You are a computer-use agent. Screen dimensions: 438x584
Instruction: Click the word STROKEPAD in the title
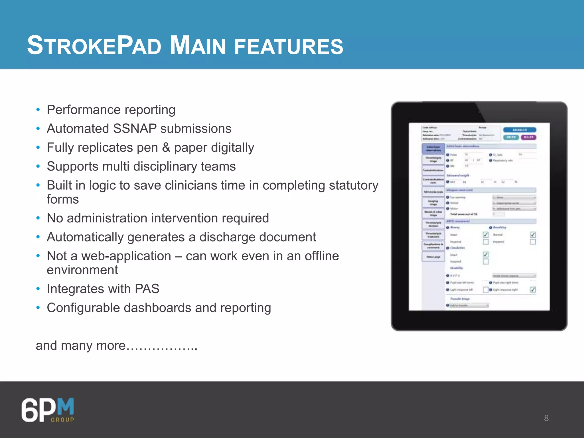pyautogui.click(x=94, y=46)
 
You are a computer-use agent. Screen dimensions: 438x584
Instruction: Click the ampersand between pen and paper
pyautogui.click(x=166, y=148)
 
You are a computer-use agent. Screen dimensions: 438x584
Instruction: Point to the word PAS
pyautogui.click(x=147, y=289)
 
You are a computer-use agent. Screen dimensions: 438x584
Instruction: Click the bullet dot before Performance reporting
pyautogui.click(x=38, y=110)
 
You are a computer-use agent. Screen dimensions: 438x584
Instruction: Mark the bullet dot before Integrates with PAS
pyautogui.click(x=38, y=289)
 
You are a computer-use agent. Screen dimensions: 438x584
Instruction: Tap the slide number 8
pyautogui.click(x=546, y=418)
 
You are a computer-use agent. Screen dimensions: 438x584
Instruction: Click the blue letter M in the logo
pyautogui.click(x=66, y=407)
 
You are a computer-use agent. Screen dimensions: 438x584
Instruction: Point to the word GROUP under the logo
pyautogui.click(x=62, y=419)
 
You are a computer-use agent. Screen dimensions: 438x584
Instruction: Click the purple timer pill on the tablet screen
pyautogui.click(x=528, y=137)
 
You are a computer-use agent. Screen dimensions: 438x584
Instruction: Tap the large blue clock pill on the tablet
pyautogui.click(x=520, y=130)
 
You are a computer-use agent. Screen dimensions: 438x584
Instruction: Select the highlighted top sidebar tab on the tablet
pyautogui.click(x=433, y=148)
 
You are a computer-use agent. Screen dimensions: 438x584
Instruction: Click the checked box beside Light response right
pyautogui.click(x=532, y=290)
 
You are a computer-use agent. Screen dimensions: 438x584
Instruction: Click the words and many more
pyautogui.click(x=81, y=346)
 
